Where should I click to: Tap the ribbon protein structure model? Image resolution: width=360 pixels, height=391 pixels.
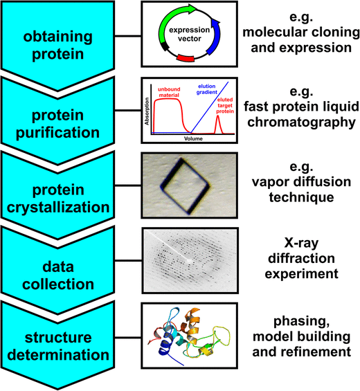[x=190, y=340]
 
